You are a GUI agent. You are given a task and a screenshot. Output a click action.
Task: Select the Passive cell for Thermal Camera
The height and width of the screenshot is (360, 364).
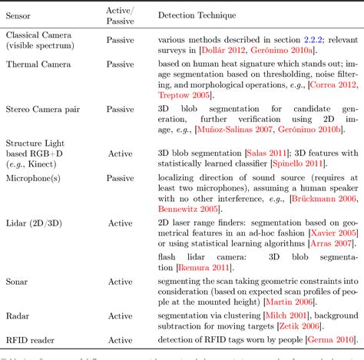pos(120,64)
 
